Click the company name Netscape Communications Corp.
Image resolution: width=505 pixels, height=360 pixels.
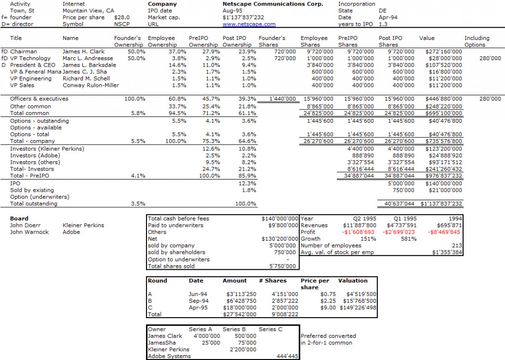click(273, 4)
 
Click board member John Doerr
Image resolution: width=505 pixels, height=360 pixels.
click(25, 225)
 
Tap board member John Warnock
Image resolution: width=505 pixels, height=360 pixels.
click(29, 232)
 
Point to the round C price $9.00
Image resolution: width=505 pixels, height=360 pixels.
click(323, 307)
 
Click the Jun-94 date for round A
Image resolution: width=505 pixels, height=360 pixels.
click(195, 294)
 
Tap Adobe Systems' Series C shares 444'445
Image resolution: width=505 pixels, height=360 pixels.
click(286, 356)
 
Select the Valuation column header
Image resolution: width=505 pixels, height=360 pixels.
click(353, 281)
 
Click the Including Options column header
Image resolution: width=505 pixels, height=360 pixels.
click(476, 41)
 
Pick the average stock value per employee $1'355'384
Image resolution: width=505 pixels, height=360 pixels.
click(446, 252)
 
